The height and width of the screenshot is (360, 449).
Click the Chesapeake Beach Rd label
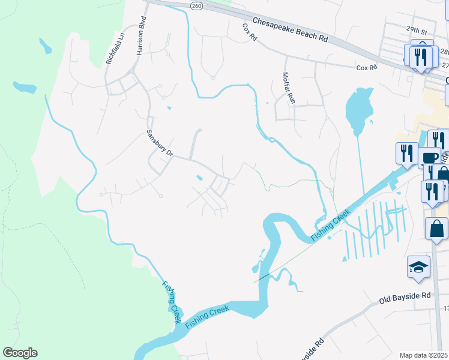click(x=291, y=29)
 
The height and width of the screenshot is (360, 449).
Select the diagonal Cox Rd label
click(x=250, y=32)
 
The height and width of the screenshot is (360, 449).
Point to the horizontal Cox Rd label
click(x=366, y=68)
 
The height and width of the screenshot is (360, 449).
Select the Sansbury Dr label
click(x=160, y=143)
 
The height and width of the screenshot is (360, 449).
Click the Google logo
click(x=20, y=353)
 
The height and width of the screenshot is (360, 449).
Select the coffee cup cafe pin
click(x=430, y=158)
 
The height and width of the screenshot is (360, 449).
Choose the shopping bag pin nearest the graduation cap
click(x=436, y=229)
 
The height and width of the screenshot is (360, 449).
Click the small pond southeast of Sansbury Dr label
click(x=200, y=178)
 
